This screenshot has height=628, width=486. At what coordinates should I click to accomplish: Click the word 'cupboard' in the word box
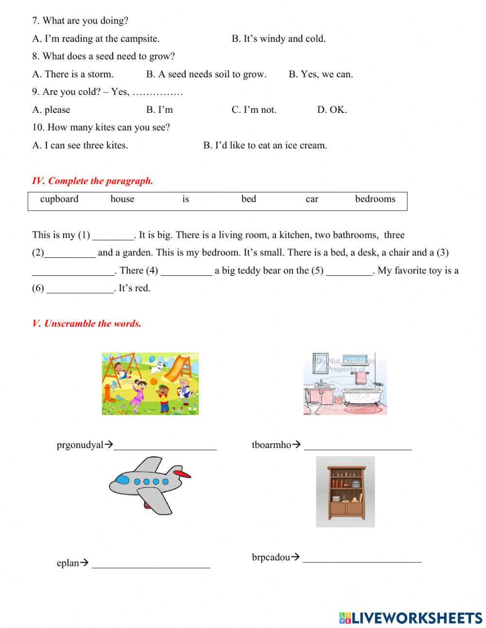[x=59, y=199]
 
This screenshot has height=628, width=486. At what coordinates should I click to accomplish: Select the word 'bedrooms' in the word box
[x=375, y=199]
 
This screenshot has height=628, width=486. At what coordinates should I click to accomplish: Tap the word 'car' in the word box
[x=312, y=199]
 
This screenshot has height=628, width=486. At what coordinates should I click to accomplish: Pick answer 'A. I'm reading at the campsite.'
[x=96, y=38]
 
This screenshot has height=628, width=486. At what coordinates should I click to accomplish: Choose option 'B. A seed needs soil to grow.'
[x=206, y=74]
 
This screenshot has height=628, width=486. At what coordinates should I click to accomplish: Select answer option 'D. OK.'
[x=332, y=109]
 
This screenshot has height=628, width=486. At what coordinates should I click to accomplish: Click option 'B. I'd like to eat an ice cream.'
[x=265, y=145]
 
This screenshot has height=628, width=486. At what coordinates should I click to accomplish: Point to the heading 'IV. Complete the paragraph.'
[x=92, y=181]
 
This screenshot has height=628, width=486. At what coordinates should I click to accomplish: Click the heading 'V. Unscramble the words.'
[x=87, y=323]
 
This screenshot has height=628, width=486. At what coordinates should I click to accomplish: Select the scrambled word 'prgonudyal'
[x=80, y=445]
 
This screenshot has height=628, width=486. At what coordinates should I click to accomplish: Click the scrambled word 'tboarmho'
[x=271, y=445]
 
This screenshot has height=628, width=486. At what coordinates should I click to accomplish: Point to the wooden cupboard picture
[x=346, y=491]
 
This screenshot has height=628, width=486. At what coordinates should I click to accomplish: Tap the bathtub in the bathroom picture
[x=362, y=396]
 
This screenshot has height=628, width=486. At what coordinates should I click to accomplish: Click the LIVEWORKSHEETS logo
[x=411, y=618]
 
